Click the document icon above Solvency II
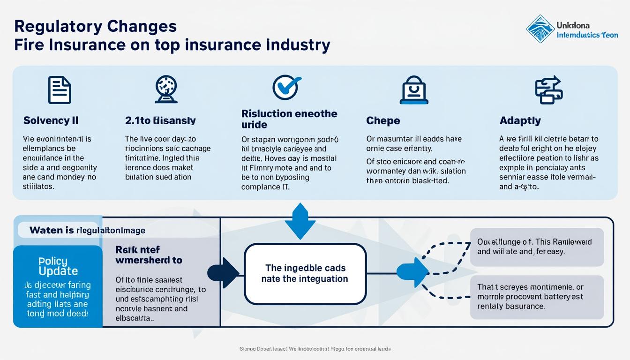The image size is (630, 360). (x=60, y=90)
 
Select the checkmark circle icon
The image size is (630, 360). (x=286, y=87)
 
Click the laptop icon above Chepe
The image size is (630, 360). (x=414, y=90)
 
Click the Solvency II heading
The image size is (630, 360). (x=51, y=120)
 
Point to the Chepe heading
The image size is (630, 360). (x=382, y=120)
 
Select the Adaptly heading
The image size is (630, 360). (x=520, y=120)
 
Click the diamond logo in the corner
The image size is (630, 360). (x=540, y=29)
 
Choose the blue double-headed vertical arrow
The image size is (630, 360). (x=300, y=221)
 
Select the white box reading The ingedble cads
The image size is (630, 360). (x=305, y=273)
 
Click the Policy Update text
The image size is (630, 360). (x=58, y=266)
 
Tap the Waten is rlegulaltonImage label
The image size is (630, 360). (x=87, y=230)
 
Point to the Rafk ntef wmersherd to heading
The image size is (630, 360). (x=149, y=255)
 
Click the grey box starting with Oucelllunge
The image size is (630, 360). (x=537, y=247)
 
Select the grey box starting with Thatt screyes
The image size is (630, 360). (x=537, y=297)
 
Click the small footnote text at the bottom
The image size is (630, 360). (x=315, y=349)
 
